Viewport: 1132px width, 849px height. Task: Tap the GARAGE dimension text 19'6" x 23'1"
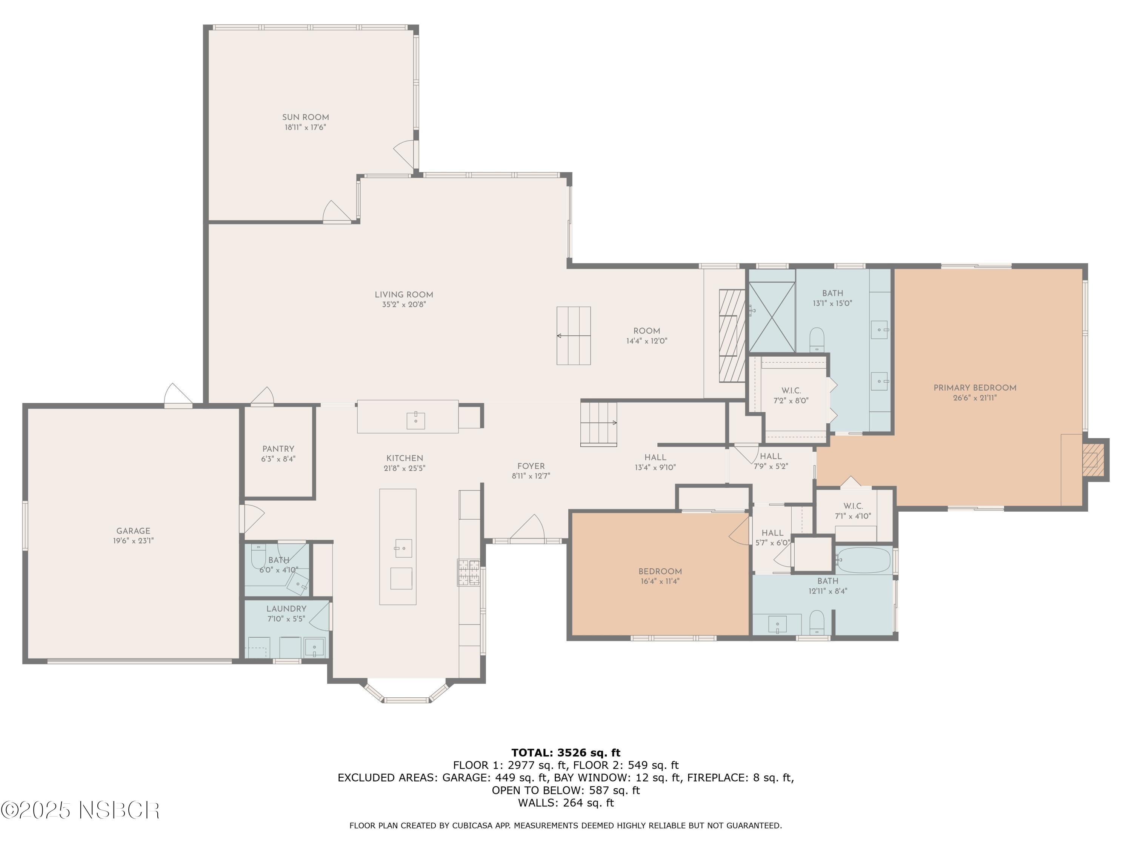[x=133, y=540]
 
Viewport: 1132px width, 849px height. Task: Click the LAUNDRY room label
[x=286, y=609]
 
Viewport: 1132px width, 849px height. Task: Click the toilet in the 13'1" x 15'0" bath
[x=817, y=339]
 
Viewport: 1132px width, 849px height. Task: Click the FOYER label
[x=531, y=466]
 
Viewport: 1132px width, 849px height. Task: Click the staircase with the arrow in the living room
[x=574, y=336]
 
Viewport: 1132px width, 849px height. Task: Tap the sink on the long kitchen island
[x=403, y=548]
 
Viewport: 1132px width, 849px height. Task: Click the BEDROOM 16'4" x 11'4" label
[x=660, y=572]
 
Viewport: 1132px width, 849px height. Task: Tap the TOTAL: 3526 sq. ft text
[x=566, y=752]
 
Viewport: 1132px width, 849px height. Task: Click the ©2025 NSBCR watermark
[x=80, y=810]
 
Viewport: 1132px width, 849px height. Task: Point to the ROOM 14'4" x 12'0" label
[x=646, y=331]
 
